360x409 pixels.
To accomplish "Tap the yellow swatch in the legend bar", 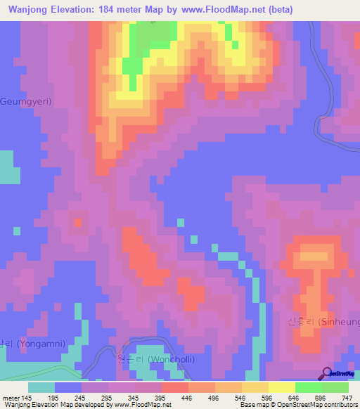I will click(x=281, y=387).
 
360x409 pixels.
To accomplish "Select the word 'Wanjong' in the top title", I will click(x=27, y=10).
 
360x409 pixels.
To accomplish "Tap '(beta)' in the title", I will click(x=278, y=10).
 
